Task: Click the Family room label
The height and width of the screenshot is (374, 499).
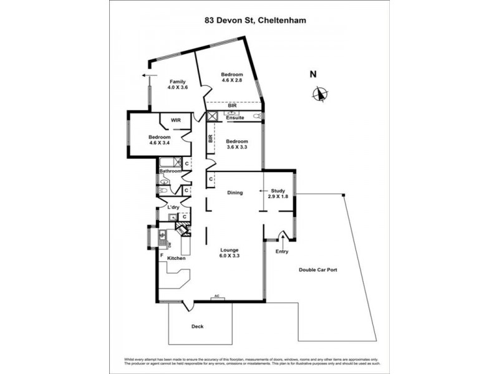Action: [178, 82]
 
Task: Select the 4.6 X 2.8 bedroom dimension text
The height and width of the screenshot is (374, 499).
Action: [232, 80]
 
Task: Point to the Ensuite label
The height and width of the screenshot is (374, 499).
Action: [235, 117]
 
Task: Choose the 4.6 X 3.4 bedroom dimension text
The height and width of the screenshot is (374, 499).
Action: [159, 143]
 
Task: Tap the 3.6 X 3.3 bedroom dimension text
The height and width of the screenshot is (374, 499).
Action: [237, 147]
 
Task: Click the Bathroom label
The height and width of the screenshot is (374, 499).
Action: [170, 171]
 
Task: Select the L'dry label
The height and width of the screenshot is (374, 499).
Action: [173, 206]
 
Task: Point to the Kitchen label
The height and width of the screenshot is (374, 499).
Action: [175, 257]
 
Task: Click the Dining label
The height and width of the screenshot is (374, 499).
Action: [235, 193]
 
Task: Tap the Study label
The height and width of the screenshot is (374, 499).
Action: [277, 191]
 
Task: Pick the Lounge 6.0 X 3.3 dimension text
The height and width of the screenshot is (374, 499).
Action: [230, 256]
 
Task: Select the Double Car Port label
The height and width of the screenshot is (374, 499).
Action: [317, 270]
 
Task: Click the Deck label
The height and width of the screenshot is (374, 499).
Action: [197, 326]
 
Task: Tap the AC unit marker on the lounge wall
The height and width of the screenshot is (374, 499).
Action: [217, 299]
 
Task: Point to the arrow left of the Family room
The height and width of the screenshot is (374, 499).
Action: [148, 75]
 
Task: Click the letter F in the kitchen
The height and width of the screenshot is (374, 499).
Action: [161, 255]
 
